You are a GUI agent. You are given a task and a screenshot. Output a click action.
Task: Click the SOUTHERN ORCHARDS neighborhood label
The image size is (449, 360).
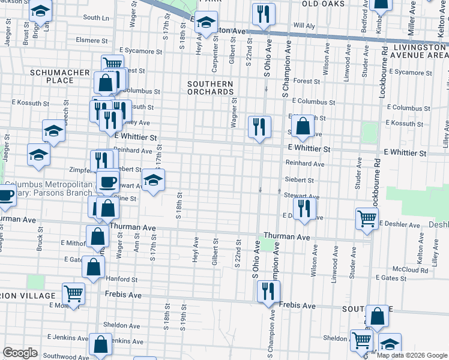tap(209, 88)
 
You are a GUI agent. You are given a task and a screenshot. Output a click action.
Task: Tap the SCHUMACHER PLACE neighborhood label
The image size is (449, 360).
tap(52, 76)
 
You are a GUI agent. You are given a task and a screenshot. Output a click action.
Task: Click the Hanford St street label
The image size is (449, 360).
tap(122, 280)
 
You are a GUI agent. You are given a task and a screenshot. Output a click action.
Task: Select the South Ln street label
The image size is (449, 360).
tap(96, 18)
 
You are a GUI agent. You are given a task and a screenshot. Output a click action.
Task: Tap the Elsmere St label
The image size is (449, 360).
tap(92, 41)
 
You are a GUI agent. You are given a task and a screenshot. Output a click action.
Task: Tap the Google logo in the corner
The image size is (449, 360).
tap(20, 353)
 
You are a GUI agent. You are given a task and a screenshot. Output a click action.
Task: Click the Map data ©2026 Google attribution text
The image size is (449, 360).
tap(411, 355)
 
